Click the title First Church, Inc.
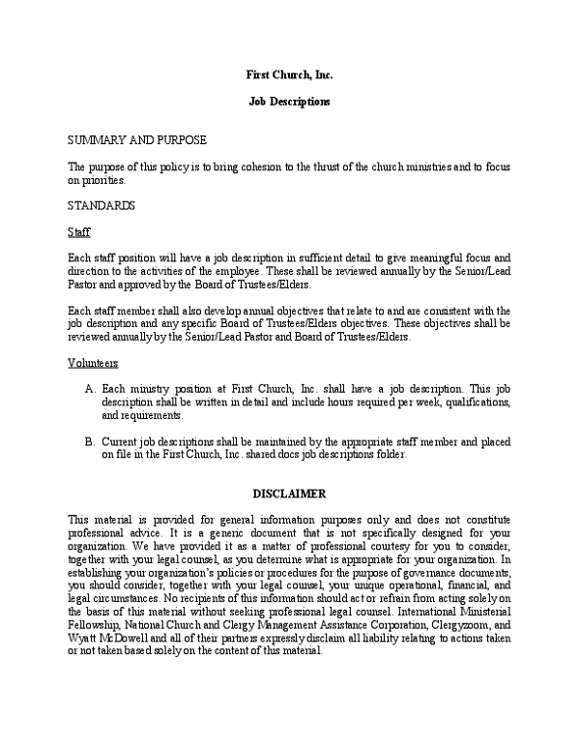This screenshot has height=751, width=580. pyautogui.click(x=289, y=74)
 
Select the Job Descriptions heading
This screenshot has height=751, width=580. pyautogui.click(x=289, y=101)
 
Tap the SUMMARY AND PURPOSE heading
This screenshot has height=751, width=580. pyautogui.click(x=136, y=140)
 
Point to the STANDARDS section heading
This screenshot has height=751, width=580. pyautogui.click(x=101, y=206)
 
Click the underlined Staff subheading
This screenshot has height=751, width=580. pyautogui.click(x=78, y=232)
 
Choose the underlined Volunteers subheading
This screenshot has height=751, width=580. pyautogui.click(x=93, y=363)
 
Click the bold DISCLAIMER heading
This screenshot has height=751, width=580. pyautogui.click(x=289, y=494)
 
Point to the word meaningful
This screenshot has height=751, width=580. pyautogui.click(x=420, y=258)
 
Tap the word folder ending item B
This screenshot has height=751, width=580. pyautogui.click(x=391, y=455)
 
